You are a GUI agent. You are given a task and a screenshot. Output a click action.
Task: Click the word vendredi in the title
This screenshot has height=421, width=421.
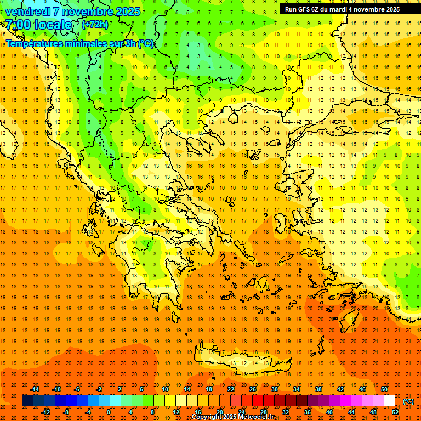(x=28, y=12)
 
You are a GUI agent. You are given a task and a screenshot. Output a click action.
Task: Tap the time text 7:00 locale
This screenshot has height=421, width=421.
(x=38, y=25)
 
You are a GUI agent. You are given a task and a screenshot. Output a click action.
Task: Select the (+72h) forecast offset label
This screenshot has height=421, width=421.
(x=95, y=25)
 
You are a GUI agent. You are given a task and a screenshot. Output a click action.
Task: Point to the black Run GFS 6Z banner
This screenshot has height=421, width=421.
(x=342, y=9)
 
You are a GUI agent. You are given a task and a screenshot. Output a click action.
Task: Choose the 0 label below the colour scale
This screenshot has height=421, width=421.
(x=109, y=412)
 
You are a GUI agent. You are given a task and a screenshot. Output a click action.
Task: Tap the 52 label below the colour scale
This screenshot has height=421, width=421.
(x=395, y=412)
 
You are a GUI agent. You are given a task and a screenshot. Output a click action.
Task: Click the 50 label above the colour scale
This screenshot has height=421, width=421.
(x=384, y=389)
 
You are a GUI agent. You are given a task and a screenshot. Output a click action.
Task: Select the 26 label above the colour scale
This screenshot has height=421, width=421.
(x=253, y=389)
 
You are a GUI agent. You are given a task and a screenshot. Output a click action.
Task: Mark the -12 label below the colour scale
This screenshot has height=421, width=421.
(x=45, y=412)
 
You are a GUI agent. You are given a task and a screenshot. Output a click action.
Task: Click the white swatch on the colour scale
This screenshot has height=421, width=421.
(x=390, y=401)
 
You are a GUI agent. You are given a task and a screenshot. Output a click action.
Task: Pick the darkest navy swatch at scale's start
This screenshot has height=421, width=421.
(x=27, y=401)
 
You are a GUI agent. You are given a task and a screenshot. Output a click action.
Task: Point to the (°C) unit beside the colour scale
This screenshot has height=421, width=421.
(x=408, y=401)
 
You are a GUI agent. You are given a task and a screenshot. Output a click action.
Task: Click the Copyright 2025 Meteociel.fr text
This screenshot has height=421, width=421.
(x=232, y=417)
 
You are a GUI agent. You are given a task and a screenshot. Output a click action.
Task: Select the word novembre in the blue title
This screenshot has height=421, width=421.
(x=86, y=12)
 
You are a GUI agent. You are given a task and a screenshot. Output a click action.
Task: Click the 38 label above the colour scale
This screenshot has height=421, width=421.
(x=318, y=389)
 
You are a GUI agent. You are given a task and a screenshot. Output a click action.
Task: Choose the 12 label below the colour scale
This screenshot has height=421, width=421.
(x=176, y=412)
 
